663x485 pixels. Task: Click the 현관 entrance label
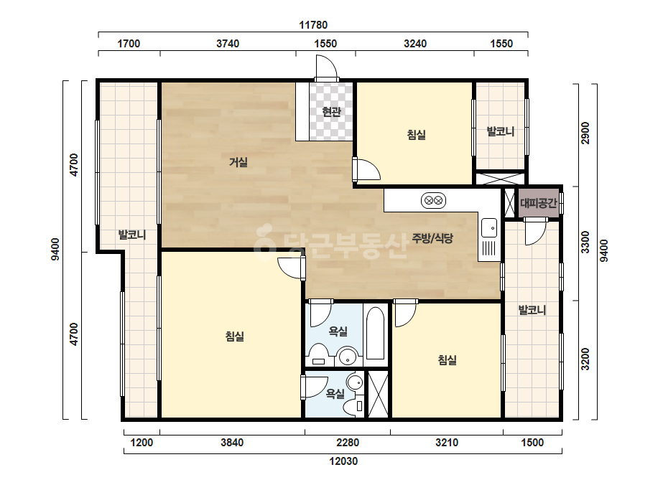pos(331,112)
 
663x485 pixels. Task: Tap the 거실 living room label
pos(238,162)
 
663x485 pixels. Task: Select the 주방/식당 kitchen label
pos(432,238)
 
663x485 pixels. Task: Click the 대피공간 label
pos(538,203)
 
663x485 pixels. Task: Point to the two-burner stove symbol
pos(433,200)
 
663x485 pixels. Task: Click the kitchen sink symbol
pos(489,227)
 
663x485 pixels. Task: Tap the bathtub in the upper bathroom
pos(375,334)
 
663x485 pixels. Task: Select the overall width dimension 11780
pos(313,25)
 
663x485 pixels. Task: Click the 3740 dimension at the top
pos(228,44)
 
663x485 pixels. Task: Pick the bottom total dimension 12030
pos(343,461)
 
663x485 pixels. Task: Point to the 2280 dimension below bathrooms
pos(348,443)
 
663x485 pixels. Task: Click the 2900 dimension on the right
pos(585,133)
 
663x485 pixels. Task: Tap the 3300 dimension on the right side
pos(585,242)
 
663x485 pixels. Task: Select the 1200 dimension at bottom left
pos(142,443)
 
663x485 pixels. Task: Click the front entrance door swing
pos(326,67)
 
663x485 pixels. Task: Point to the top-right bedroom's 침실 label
pos(416,135)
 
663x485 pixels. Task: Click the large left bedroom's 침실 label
pos(235,336)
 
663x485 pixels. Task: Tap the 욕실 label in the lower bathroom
pos(335,394)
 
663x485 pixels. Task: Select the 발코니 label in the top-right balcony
pos(501,131)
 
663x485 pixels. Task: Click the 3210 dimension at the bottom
pos(447,443)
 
